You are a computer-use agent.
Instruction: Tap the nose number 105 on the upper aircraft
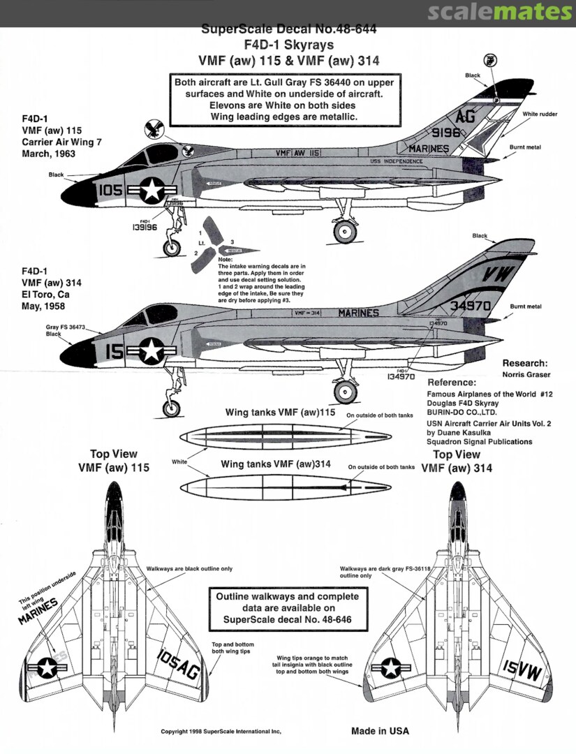(111, 191)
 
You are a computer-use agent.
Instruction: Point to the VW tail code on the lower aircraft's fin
(498, 272)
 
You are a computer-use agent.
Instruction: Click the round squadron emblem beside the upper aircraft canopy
(157, 129)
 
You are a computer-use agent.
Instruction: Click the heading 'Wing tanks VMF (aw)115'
(281, 413)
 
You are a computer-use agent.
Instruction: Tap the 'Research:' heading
(525, 364)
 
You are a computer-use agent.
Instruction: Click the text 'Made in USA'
(380, 731)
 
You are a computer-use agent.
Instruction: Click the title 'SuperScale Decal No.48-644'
(288, 29)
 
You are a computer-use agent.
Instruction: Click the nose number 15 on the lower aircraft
(114, 353)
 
